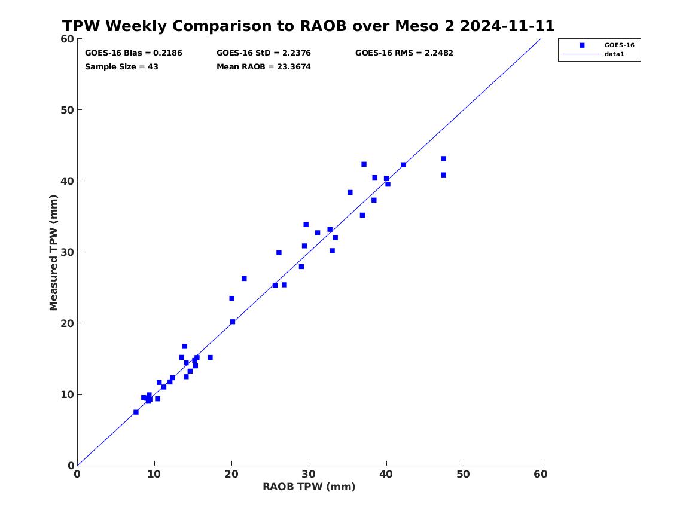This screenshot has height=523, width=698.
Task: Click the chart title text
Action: click(308, 26)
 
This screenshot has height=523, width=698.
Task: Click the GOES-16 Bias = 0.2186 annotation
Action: click(133, 53)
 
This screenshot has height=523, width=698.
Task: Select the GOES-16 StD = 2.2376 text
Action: click(264, 53)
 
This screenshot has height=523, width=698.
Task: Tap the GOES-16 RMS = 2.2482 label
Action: click(404, 53)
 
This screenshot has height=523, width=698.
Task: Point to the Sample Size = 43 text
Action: click(121, 67)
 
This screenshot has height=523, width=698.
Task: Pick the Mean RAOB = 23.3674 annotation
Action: click(264, 67)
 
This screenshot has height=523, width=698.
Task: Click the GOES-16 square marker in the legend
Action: click(582, 45)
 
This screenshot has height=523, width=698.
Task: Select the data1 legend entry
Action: click(614, 54)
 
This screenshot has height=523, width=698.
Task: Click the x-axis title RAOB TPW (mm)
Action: click(309, 487)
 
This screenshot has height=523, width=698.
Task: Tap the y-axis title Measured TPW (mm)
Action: click(53, 253)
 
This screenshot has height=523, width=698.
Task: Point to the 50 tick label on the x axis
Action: click(464, 474)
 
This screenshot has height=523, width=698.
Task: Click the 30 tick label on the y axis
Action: click(67, 252)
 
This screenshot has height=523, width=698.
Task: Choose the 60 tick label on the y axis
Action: click(67, 39)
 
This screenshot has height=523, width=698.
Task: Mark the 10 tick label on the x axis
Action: click(154, 474)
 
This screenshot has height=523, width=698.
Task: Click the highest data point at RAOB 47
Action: click(443, 159)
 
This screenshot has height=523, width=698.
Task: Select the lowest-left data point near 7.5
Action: click(136, 412)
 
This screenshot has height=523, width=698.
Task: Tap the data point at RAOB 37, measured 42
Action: click(364, 164)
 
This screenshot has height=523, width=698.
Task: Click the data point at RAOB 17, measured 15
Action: click(210, 357)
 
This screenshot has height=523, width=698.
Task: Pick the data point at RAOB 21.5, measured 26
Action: click(244, 279)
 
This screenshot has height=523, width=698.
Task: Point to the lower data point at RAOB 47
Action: click(443, 175)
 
